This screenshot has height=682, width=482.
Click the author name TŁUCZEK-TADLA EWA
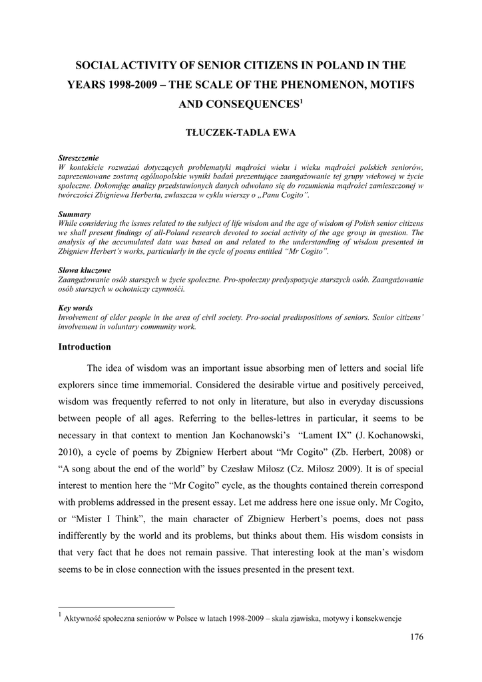coord(240,133)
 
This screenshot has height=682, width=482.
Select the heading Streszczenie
coord(79,158)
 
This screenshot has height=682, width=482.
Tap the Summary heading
coord(75,214)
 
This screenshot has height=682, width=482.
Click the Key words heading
coord(75,308)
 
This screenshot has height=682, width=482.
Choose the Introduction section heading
coord(85,347)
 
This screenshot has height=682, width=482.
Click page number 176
coord(417,637)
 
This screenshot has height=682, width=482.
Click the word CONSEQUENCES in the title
coord(238,105)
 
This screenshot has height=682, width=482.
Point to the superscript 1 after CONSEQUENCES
coord(301,101)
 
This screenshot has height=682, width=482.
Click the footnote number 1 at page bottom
coord(61,615)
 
